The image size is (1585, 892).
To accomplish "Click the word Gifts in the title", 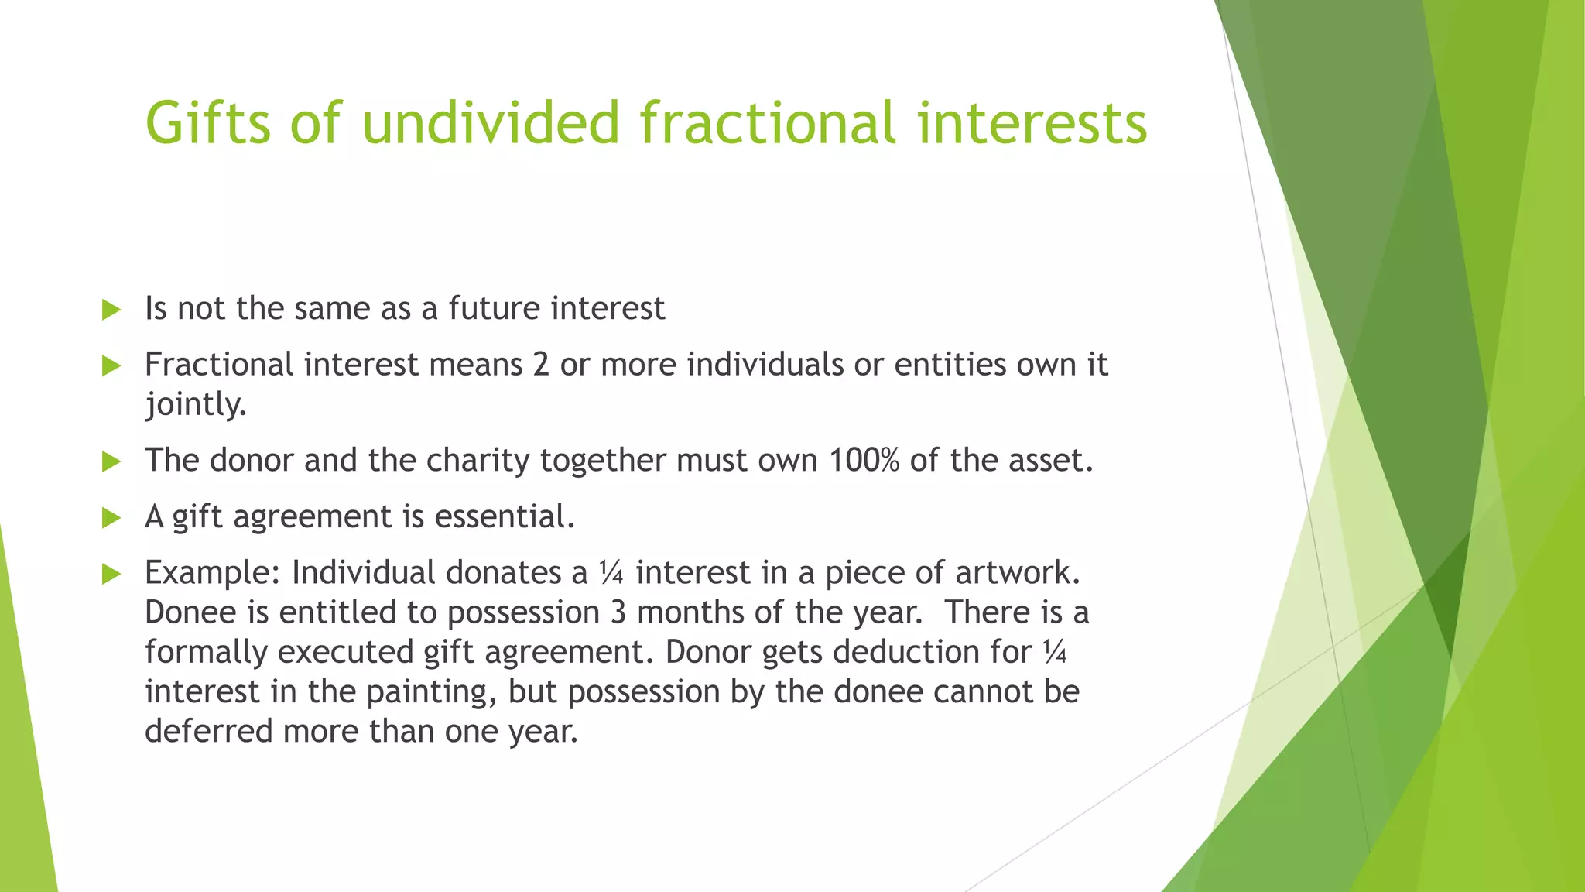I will [208, 124].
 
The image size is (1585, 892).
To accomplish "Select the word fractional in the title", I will [768, 124].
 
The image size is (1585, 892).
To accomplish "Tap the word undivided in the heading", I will [491, 124].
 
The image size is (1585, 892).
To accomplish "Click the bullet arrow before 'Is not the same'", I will [111, 310].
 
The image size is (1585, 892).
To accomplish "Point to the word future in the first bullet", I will [494, 308].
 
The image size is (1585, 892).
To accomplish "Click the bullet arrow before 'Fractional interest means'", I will [111, 366].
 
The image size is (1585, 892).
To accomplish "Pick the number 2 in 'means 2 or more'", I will [541, 365].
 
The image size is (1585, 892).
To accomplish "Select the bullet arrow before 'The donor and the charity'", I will [111, 462].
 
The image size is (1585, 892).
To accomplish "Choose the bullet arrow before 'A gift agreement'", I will [111, 518].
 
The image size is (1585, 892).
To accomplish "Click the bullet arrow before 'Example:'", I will [111, 575].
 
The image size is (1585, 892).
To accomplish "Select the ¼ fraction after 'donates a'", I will [611, 573].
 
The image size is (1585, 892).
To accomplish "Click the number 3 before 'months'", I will [618, 612].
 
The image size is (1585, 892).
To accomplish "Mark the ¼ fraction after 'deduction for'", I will [1054, 652].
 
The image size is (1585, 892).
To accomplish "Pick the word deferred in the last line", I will [208, 731].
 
